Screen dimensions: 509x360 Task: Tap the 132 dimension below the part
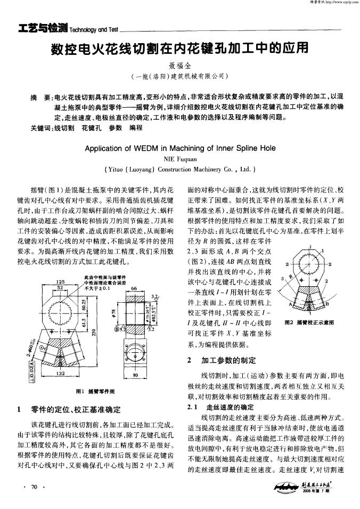tap(60, 374)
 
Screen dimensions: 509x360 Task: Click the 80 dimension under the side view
tap(134, 375)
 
